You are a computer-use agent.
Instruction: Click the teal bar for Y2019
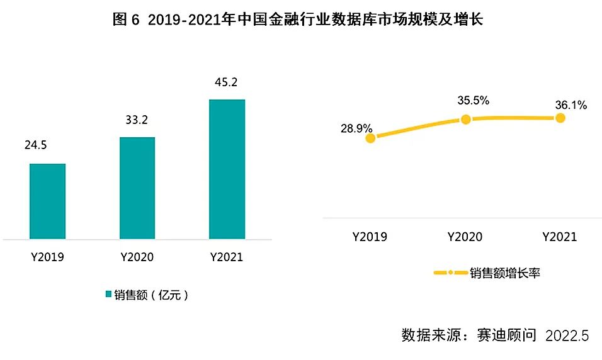pyautogui.click(x=47, y=201)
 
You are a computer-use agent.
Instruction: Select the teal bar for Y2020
pyautogui.click(x=137, y=188)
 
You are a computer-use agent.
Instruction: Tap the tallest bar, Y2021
pyautogui.click(x=227, y=169)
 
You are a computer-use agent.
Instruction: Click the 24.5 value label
pyautogui.click(x=37, y=146)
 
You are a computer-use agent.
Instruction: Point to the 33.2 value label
pyautogui.click(x=135, y=120)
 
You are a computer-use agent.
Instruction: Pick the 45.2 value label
pyautogui.click(x=226, y=82)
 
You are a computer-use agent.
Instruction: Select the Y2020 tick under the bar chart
pyautogui.click(x=137, y=257)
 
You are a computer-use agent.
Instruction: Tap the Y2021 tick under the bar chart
pyautogui.click(x=227, y=257)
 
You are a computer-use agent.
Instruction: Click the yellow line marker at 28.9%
pyautogui.click(x=370, y=138)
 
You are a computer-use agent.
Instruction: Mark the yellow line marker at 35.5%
pyautogui.click(x=465, y=119)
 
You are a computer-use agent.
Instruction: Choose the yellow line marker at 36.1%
pyautogui.click(x=560, y=118)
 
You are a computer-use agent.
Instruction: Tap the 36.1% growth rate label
pyautogui.click(x=571, y=105)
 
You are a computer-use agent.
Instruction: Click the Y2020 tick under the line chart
pyautogui.click(x=465, y=237)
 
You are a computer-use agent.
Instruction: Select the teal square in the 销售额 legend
pyautogui.click(x=108, y=295)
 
